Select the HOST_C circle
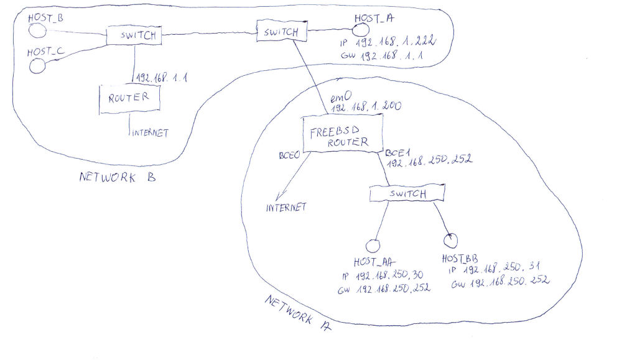coord(38,66)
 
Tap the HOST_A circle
coord(361,29)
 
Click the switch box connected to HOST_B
coord(134,35)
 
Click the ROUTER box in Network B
coord(129,98)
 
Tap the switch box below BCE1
coord(407,193)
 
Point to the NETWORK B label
coord(118,178)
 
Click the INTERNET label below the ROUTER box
coord(150,133)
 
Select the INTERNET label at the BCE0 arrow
coord(286,208)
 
